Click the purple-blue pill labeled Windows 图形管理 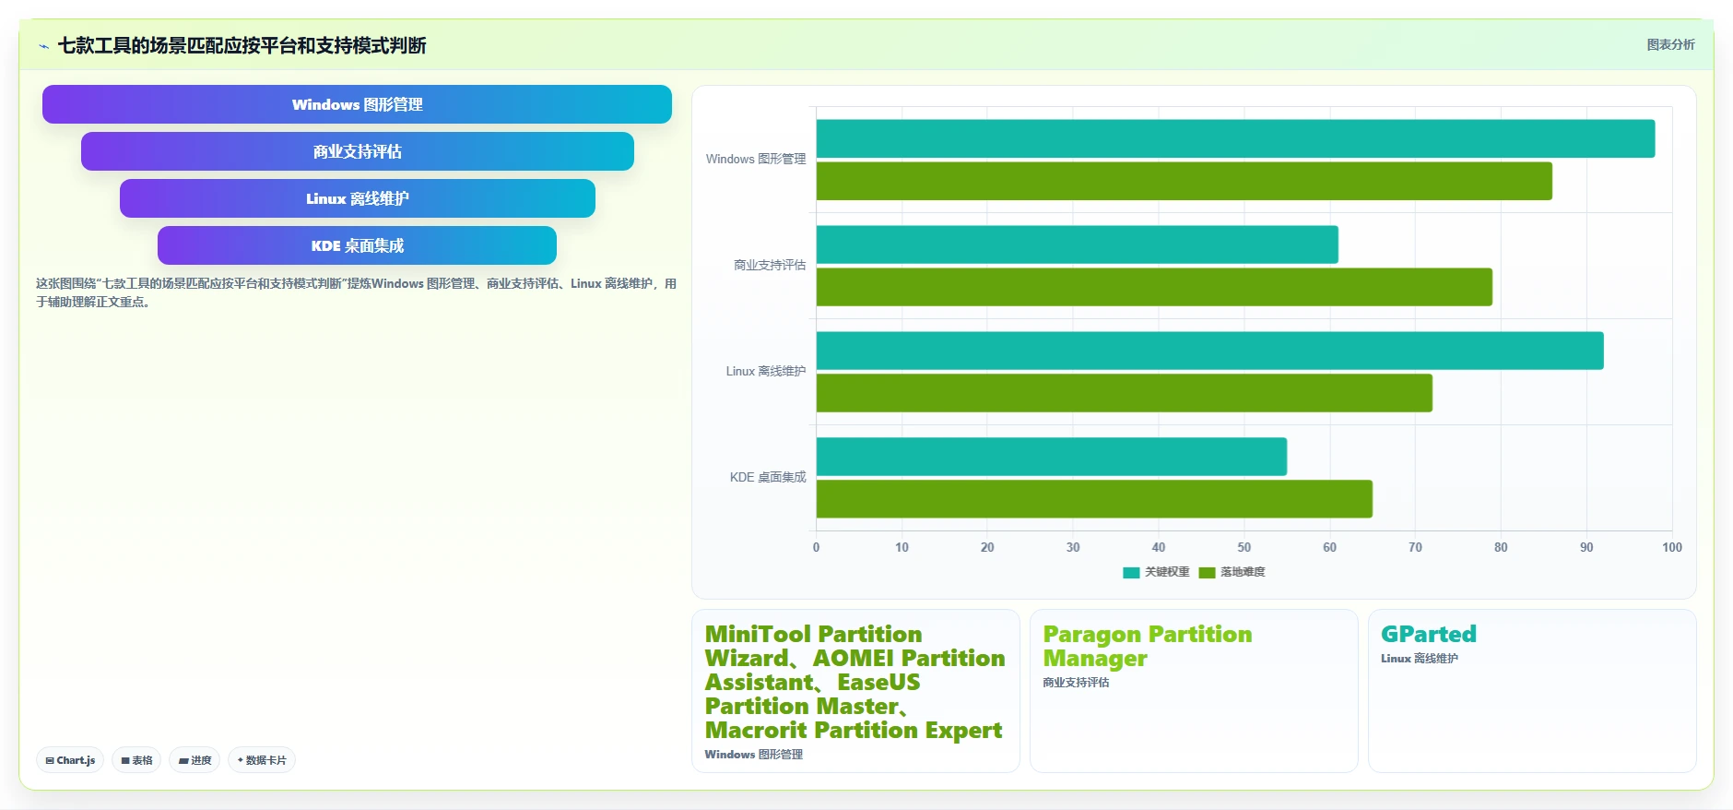tap(357, 104)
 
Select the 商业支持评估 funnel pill tap(357, 151)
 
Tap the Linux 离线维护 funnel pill tap(357, 198)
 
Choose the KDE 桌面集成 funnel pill tap(357, 245)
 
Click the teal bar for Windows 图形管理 tap(1235, 138)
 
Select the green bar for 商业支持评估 tap(1154, 287)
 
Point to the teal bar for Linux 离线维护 tap(1209, 351)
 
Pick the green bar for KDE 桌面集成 tap(1094, 499)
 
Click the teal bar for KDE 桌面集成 tap(1052, 457)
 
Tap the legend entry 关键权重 tap(1156, 572)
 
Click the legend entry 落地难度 tap(1232, 572)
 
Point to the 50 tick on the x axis tap(1244, 547)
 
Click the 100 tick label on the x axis tap(1672, 547)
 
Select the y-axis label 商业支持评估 tap(770, 265)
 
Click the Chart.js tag tap(70, 760)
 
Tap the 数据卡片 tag tap(262, 760)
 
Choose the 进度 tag tap(195, 760)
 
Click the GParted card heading tap(1429, 634)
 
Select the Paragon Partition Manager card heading tap(1148, 646)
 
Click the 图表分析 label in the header tap(1670, 44)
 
